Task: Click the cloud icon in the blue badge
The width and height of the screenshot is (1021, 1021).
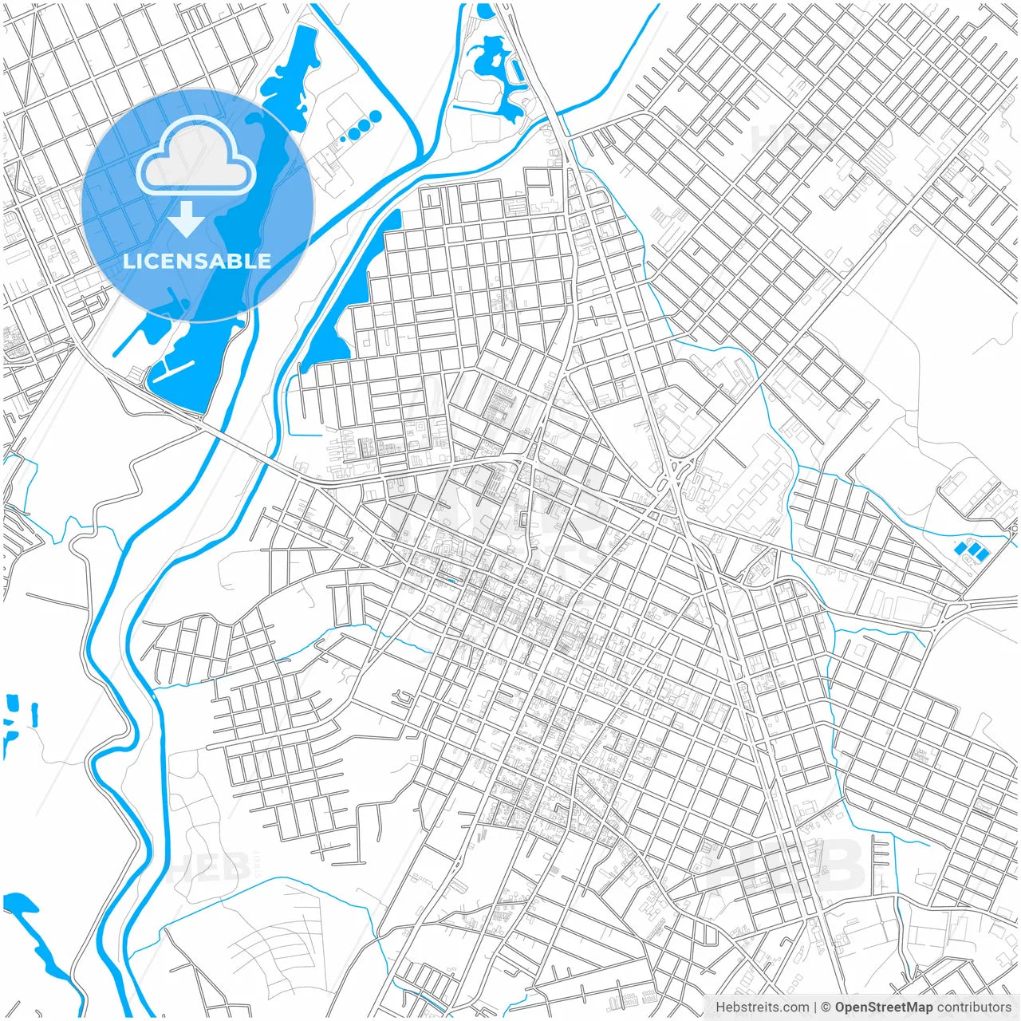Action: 196,155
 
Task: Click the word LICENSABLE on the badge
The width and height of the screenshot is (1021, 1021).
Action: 196,262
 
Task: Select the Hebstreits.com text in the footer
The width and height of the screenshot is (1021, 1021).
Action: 762,1007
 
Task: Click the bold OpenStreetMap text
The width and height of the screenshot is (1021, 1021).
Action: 883,1007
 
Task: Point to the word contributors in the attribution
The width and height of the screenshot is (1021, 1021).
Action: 973,1007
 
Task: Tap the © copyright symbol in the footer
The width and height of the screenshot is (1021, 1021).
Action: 826,1007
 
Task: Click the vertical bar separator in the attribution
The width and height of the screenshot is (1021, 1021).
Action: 814,1007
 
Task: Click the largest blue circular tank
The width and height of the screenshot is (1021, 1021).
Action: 375,116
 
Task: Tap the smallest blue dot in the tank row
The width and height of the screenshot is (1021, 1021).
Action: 343,139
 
